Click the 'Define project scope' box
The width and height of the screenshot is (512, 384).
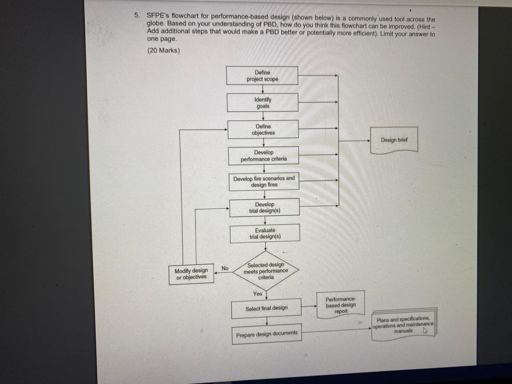click(262, 76)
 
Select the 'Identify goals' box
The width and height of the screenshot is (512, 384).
click(262, 103)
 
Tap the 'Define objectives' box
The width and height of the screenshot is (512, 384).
click(263, 130)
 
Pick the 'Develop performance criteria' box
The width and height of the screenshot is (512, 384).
click(264, 156)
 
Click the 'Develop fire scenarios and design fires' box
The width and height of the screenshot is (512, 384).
click(264, 182)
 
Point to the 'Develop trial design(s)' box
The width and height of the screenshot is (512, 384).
click(264, 208)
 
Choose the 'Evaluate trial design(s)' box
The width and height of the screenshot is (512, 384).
click(265, 234)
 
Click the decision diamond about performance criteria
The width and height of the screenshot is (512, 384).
click(266, 271)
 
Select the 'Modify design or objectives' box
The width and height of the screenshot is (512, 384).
click(191, 274)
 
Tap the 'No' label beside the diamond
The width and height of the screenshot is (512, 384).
click(225, 268)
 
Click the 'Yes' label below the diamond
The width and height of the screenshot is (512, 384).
click(258, 294)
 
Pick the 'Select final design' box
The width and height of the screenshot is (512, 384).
click(266, 308)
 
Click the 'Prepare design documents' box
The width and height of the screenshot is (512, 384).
click(267, 334)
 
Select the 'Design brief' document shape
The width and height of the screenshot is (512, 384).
click(394, 140)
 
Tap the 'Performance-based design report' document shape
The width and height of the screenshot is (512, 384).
click(341, 305)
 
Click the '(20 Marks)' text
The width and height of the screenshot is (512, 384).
click(163, 50)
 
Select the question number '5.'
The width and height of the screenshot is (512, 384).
click(137, 16)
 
